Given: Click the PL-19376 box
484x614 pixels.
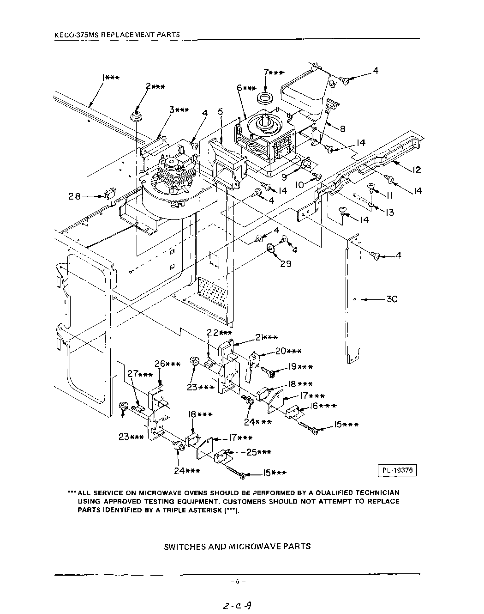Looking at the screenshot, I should [397, 470].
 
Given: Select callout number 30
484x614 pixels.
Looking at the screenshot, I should [392, 299].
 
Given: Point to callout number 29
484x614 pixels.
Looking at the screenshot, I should [286, 264].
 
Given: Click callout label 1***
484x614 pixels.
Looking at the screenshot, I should [110, 78].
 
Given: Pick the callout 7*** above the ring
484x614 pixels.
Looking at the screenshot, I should [274, 72].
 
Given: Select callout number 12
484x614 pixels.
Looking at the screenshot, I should [416, 170].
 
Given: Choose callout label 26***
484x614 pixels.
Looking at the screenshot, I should [167, 364].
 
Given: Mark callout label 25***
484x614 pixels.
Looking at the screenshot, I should [259, 452].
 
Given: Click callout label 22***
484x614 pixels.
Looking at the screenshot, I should [219, 333].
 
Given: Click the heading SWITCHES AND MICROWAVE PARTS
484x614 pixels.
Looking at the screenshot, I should [237, 546].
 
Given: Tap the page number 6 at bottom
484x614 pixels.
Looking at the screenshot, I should [237, 582].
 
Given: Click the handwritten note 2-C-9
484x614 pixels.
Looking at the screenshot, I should [237, 606].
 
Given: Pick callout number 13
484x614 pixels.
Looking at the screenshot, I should [390, 213].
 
